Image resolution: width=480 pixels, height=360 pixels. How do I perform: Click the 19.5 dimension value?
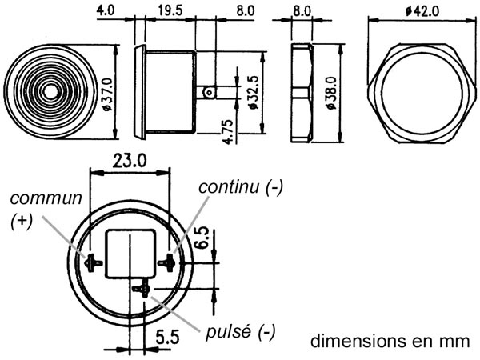click(170, 10)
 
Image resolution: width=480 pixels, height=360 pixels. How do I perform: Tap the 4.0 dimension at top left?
click(106, 10)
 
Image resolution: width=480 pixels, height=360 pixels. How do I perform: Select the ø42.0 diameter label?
click(422, 11)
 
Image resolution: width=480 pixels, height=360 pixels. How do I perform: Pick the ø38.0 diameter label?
click(331, 93)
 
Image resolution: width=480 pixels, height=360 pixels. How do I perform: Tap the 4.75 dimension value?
click(228, 132)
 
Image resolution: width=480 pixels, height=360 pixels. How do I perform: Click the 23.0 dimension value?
click(129, 161)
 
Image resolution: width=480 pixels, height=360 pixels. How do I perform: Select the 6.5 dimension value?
click(202, 238)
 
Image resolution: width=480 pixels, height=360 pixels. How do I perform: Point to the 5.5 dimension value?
click(167, 338)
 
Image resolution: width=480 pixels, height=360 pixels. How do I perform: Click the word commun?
click(46, 198)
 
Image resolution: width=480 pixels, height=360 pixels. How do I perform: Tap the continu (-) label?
click(241, 187)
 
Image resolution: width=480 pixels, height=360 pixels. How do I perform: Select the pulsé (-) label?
click(241, 332)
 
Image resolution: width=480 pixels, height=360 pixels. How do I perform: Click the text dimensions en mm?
click(390, 341)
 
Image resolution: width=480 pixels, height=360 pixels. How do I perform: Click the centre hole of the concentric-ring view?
click(50, 92)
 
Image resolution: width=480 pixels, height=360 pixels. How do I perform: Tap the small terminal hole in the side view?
click(209, 92)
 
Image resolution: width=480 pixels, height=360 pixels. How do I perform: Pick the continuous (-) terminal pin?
click(167, 262)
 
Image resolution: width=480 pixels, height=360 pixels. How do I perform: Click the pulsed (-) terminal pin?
click(142, 289)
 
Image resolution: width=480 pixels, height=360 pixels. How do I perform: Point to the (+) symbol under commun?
click(22, 222)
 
